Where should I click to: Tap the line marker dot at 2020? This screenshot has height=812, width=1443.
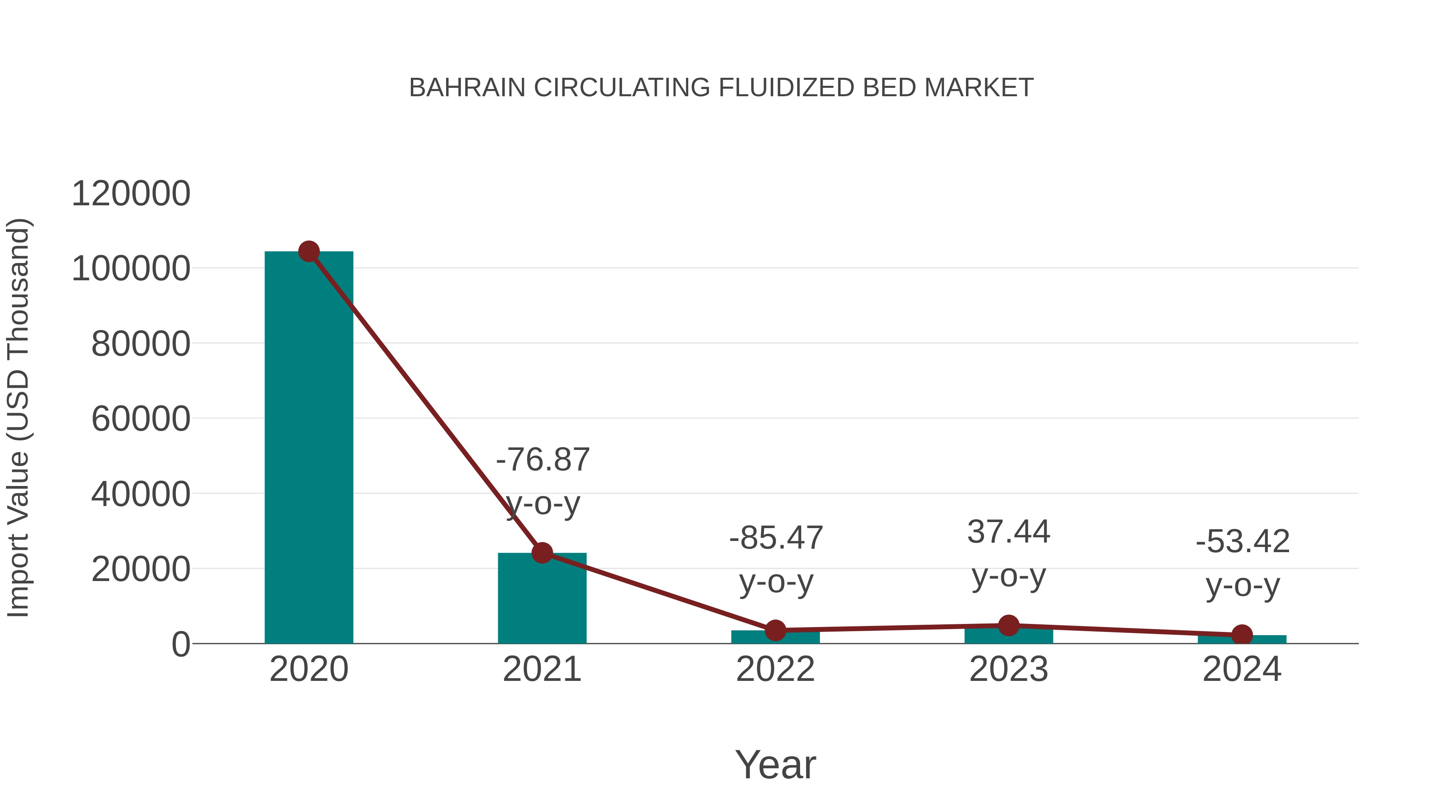tap(309, 251)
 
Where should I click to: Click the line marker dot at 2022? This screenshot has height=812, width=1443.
tap(775, 630)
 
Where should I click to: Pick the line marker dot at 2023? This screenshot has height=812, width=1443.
tap(1008, 626)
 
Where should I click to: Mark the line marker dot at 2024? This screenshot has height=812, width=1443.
tap(1242, 635)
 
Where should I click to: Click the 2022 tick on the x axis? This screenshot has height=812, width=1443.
tap(775, 670)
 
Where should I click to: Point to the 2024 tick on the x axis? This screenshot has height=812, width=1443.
tap(1242, 670)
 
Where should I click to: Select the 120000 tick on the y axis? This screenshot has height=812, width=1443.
tap(131, 194)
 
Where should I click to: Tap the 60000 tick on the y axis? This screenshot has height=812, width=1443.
tap(141, 419)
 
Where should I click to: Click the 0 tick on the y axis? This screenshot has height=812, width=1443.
tap(181, 644)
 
